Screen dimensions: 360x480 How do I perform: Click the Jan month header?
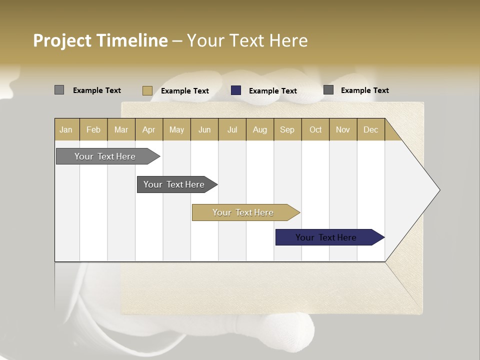click(x=66, y=129)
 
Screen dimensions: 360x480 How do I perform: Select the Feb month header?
click(x=93, y=129)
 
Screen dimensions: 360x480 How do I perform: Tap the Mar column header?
click(x=121, y=129)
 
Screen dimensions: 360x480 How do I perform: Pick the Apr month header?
click(x=149, y=129)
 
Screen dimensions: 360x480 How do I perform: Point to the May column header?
click(x=176, y=129)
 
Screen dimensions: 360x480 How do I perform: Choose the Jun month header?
click(x=204, y=129)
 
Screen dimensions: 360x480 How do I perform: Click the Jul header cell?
click(x=232, y=129)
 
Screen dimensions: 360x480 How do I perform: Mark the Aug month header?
click(x=260, y=129)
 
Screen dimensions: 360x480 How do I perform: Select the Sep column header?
click(x=287, y=129)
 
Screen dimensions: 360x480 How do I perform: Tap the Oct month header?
click(x=315, y=129)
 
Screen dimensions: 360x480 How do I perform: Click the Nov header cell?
click(x=343, y=129)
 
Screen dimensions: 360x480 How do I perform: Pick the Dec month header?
click(x=371, y=129)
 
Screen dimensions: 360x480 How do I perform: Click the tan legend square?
click(x=147, y=90)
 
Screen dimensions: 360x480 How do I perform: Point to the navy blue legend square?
click(x=236, y=90)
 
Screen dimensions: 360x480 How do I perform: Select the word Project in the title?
click(x=62, y=40)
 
